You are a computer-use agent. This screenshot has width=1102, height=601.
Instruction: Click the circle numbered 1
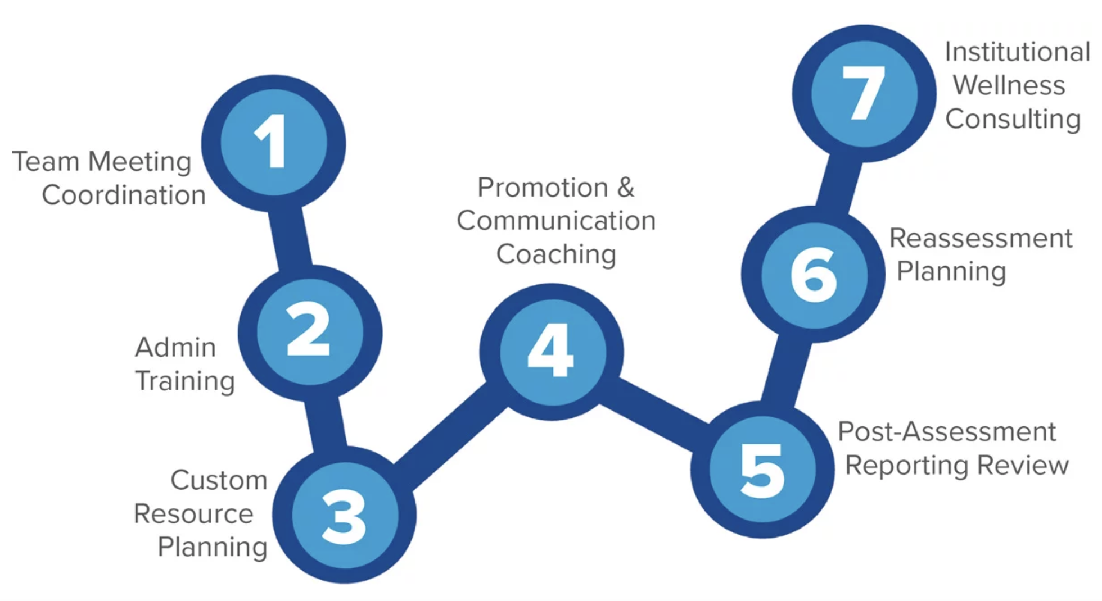pyautogui.click(x=274, y=143)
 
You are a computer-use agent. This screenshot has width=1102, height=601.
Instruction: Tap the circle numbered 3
pyautogui.click(x=345, y=515)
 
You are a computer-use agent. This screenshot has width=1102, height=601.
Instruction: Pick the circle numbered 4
pyautogui.click(x=552, y=352)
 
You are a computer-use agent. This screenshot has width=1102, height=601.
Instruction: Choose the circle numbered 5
pyautogui.click(x=762, y=470)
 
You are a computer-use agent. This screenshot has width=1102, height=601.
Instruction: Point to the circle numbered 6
pyautogui.click(x=813, y=274)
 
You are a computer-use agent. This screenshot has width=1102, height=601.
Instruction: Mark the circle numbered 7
pyautogui.click(x=864, y=93)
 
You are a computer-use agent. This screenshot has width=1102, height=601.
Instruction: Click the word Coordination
pyautogui.click(x=124, y=195)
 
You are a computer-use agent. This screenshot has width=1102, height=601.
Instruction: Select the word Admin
pyautogui.click(x=175, y=348)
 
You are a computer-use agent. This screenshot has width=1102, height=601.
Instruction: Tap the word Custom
pyautogui.click(x=219, y=481)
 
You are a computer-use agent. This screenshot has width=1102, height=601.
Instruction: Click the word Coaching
pyautogui.click(x=556, y=255)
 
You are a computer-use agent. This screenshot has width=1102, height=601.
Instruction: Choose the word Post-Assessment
pyautogui.click(x=947, y=432)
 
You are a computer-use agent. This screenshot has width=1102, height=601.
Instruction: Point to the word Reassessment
pyautogui.click(x=981, y=239)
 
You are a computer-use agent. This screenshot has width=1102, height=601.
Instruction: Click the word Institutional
pyautogui.click(x=1017, y=52)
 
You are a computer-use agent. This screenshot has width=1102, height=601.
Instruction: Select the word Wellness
pyautogui.click(x=1009, y=86)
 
